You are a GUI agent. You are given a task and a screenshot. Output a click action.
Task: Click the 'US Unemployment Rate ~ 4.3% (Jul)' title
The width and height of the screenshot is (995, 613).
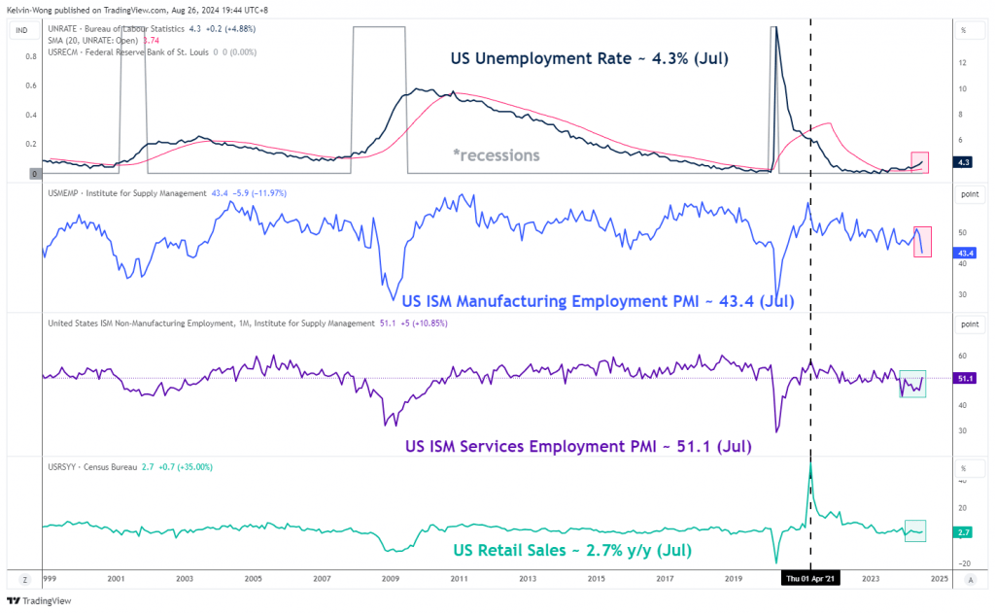coord(589,59)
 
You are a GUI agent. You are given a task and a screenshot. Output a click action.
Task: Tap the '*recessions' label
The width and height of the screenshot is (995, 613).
coord(496,154)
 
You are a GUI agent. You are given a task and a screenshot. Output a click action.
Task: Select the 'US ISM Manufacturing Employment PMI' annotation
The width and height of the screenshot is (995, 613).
coord(599,301)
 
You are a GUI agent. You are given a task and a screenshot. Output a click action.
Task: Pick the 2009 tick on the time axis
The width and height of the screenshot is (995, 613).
coord(391,578)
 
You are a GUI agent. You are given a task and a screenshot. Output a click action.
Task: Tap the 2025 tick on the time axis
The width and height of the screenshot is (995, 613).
coord(939,578)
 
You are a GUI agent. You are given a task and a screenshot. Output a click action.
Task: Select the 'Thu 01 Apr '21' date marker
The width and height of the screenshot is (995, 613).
coord(810,578)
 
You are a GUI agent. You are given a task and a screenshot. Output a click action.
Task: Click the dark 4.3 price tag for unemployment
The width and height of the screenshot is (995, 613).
coord(963,162)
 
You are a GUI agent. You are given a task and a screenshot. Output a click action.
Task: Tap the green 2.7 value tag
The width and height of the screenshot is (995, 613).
coord(963,531)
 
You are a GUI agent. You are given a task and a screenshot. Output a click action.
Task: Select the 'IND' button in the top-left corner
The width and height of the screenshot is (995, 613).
coord(19,30)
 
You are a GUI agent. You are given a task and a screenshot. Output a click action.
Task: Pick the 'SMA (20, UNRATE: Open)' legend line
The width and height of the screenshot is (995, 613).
coord(112,40)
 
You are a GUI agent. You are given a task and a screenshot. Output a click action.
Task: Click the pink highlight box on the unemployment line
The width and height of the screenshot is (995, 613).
coord(920,162)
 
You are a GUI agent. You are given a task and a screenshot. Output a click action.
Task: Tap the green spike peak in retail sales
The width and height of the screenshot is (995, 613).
coord(810,462)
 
